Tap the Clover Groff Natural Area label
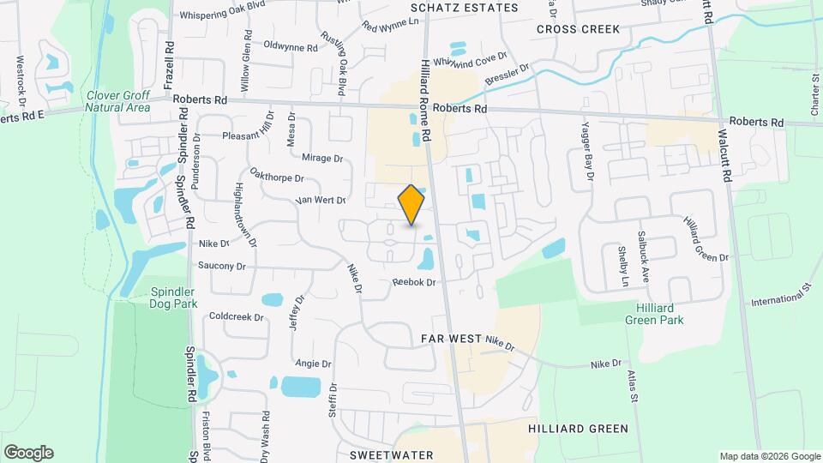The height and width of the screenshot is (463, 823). point(118,101)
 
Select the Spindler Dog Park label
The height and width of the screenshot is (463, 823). point(173,298)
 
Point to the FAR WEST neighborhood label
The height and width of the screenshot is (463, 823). point(452,340)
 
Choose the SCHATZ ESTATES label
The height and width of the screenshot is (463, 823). point(464,8)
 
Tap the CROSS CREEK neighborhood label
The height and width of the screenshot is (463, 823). point(578,29)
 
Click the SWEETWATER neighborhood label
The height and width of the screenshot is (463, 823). point(391,454)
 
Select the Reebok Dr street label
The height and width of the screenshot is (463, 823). point(414,282)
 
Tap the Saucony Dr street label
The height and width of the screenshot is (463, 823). point(221,266)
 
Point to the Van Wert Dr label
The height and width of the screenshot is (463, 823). point(320,200)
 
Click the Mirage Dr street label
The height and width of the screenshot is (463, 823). point(322,158)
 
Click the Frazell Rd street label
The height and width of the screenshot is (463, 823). point(170,65)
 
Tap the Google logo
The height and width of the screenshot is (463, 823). point(28,453)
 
